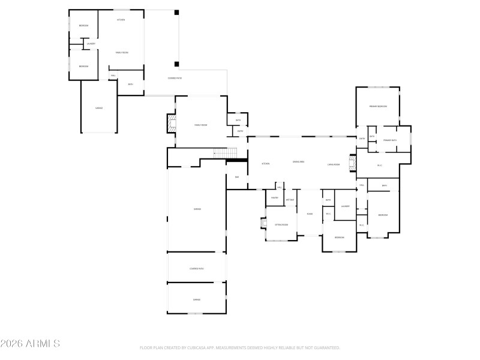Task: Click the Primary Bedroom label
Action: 378,106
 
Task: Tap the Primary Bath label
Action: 391,140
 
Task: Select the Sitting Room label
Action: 281,224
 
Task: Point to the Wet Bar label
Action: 290,199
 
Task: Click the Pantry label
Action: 274,197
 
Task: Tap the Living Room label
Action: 334,164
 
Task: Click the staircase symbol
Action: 226,154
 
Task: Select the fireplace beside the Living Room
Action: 353,164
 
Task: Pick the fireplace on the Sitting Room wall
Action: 263,224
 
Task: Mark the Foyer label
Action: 310,214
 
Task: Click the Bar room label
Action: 237,177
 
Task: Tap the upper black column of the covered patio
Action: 176,13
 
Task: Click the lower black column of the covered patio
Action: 176,64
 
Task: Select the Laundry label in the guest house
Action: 91,44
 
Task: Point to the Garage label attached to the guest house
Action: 99,108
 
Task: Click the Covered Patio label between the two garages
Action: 196,268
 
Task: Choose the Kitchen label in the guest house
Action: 121,20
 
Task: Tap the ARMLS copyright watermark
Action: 30,344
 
